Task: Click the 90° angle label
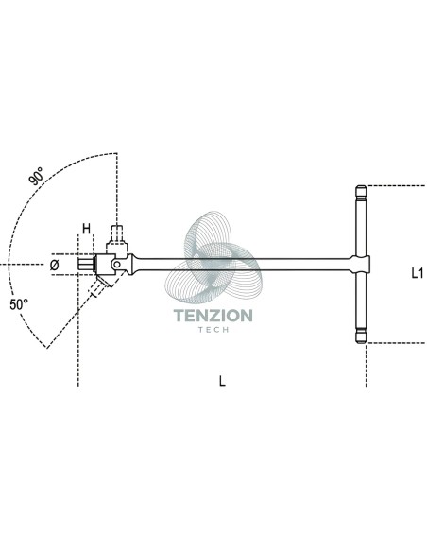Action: tap(36, 176)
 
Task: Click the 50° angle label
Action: tap(19, 304)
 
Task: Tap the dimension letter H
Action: tap(86, 229)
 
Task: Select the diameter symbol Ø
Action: tap(54, 265)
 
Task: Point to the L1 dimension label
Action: tap(418, 273)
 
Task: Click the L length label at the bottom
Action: tap(222, 381)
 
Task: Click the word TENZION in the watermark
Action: tap(213, 316)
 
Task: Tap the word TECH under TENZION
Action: tap(213, 330)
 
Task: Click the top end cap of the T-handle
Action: tap(361, 191)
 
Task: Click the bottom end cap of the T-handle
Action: tap(361, 336)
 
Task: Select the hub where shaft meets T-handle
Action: tap(361, 264)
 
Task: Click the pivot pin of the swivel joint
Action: tap(116, 264)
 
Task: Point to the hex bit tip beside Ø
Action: tap(86, 265)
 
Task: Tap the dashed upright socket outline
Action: tap(117, 234)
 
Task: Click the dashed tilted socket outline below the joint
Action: tap(99, 285)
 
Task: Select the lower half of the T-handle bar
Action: tap(361, 301)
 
